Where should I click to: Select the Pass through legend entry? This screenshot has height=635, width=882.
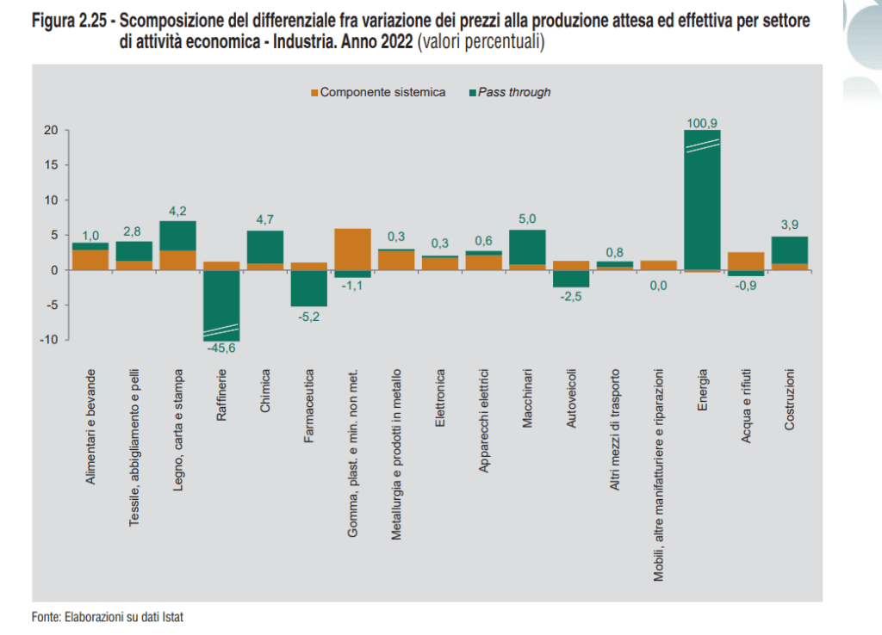click(512, 92)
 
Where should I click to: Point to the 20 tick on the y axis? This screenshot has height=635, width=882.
click(51, 130)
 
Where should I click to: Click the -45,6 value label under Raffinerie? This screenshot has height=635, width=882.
click(221, 348)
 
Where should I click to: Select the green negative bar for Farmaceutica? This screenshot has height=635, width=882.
click(308, 288)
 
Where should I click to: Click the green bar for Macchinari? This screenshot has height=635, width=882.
click(527, 247)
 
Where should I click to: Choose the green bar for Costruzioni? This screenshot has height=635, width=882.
click(790, 250)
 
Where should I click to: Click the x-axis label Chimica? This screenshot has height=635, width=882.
click(265, 391)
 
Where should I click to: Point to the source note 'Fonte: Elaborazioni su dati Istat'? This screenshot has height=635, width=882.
click(109, 617)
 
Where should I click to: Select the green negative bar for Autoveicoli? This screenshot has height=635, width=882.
click(571, 279)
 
